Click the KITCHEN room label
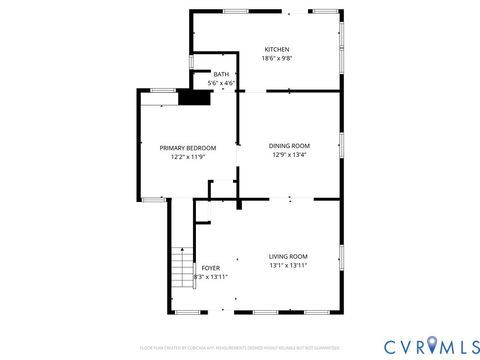point(277,50)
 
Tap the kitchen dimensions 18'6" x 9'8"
point(277,59)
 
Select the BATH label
point(220,75)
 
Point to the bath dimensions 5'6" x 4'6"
point(220,83)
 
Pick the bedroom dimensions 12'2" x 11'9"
point(188,157)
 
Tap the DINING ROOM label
point(289,146)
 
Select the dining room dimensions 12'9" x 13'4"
point(289,155)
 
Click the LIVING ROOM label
point(288,257)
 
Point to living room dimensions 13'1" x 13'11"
point(288,266)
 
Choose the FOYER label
point(210,268)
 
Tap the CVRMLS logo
point(423,345)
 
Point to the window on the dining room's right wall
point(341,147)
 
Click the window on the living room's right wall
point(341,258)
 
